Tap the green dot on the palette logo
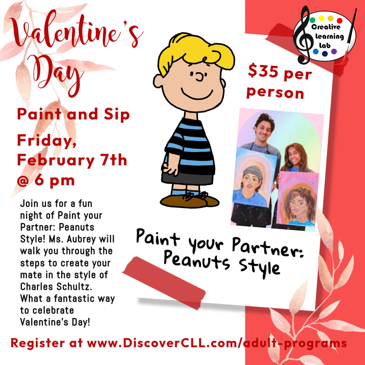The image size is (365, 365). pos(313,20)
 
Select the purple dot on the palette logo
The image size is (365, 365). pos(334,51)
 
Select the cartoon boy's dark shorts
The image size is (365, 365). pos(187,178)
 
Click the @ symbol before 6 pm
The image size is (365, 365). pos(23,180)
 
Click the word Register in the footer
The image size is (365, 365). pos(38,343)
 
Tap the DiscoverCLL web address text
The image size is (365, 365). pos(217,343)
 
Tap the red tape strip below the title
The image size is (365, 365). pos(164,283)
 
